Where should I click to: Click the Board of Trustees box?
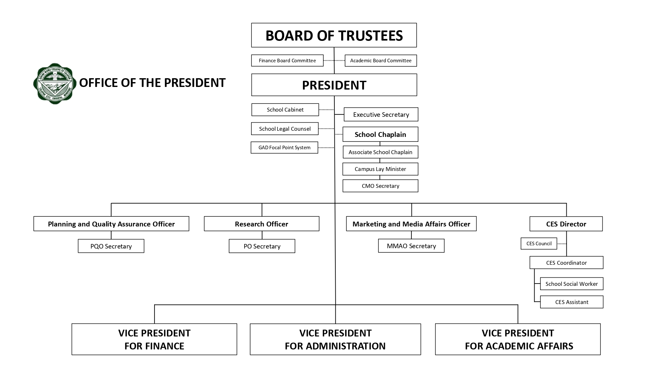[334, 35]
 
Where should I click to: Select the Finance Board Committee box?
[287, 60]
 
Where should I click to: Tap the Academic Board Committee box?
[381, 60]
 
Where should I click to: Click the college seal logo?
[55, 83]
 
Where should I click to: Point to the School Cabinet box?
[285, 110]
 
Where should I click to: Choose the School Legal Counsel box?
[285, 128]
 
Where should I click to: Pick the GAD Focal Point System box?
[284, 147]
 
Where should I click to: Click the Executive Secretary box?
[381, 114]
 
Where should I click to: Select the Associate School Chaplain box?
[380, 152]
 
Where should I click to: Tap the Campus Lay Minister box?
[380, 169]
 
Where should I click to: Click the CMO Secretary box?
[380, 186]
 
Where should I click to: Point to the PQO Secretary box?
[111, 246]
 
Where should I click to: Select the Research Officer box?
[261, 224]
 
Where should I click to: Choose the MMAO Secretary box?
[411, 246]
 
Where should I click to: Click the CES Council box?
[539, 243]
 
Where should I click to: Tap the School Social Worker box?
[572, 284]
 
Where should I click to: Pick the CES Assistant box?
[572, 302]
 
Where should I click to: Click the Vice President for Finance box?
[154, 339]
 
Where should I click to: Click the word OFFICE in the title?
[98, 83]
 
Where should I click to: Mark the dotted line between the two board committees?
[334, 60]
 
